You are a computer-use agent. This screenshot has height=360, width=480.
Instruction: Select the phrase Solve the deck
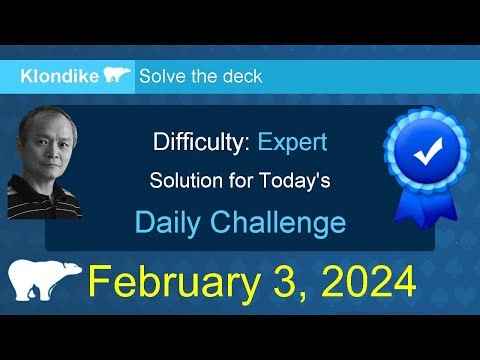coord(200,76)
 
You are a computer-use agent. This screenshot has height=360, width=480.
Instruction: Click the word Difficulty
coord(200,142)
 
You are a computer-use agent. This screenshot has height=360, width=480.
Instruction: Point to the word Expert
coord(292,142)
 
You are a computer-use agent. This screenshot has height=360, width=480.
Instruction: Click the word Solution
coord(183,181)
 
